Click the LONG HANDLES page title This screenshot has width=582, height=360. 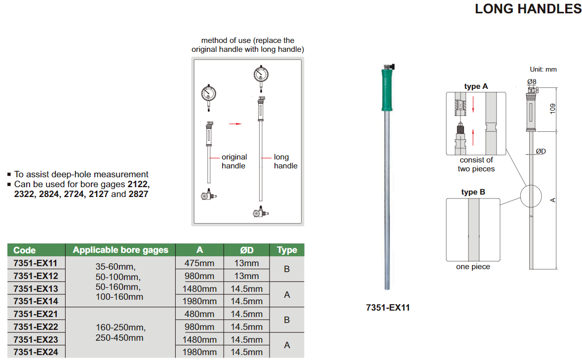pos(528,8)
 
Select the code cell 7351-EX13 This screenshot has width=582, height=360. pos(36,288)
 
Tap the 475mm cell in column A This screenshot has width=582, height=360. pos(199,263)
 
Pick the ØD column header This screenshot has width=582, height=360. pos(247,250)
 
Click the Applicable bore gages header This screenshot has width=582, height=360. pos(120,250)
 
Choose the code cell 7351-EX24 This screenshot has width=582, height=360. pos(36,352)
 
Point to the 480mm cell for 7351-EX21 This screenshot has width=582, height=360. pos(199,314)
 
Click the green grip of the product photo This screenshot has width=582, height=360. pos(387,90)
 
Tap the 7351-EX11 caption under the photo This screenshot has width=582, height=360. pos(388,308)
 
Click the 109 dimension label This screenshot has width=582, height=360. pos(553,108)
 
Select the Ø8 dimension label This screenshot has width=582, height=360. pos(532,81)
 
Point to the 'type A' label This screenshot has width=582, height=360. pos(476,86)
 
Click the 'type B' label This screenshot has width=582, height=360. pos(473,192)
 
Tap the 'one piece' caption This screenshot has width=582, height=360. pos(473,267)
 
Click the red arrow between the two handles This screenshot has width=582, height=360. pos(235,124)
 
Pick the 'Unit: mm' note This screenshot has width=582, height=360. pos(543,70)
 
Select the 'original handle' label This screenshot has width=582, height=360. pos(234,161)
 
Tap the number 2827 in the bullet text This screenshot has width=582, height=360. pos(138,194)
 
